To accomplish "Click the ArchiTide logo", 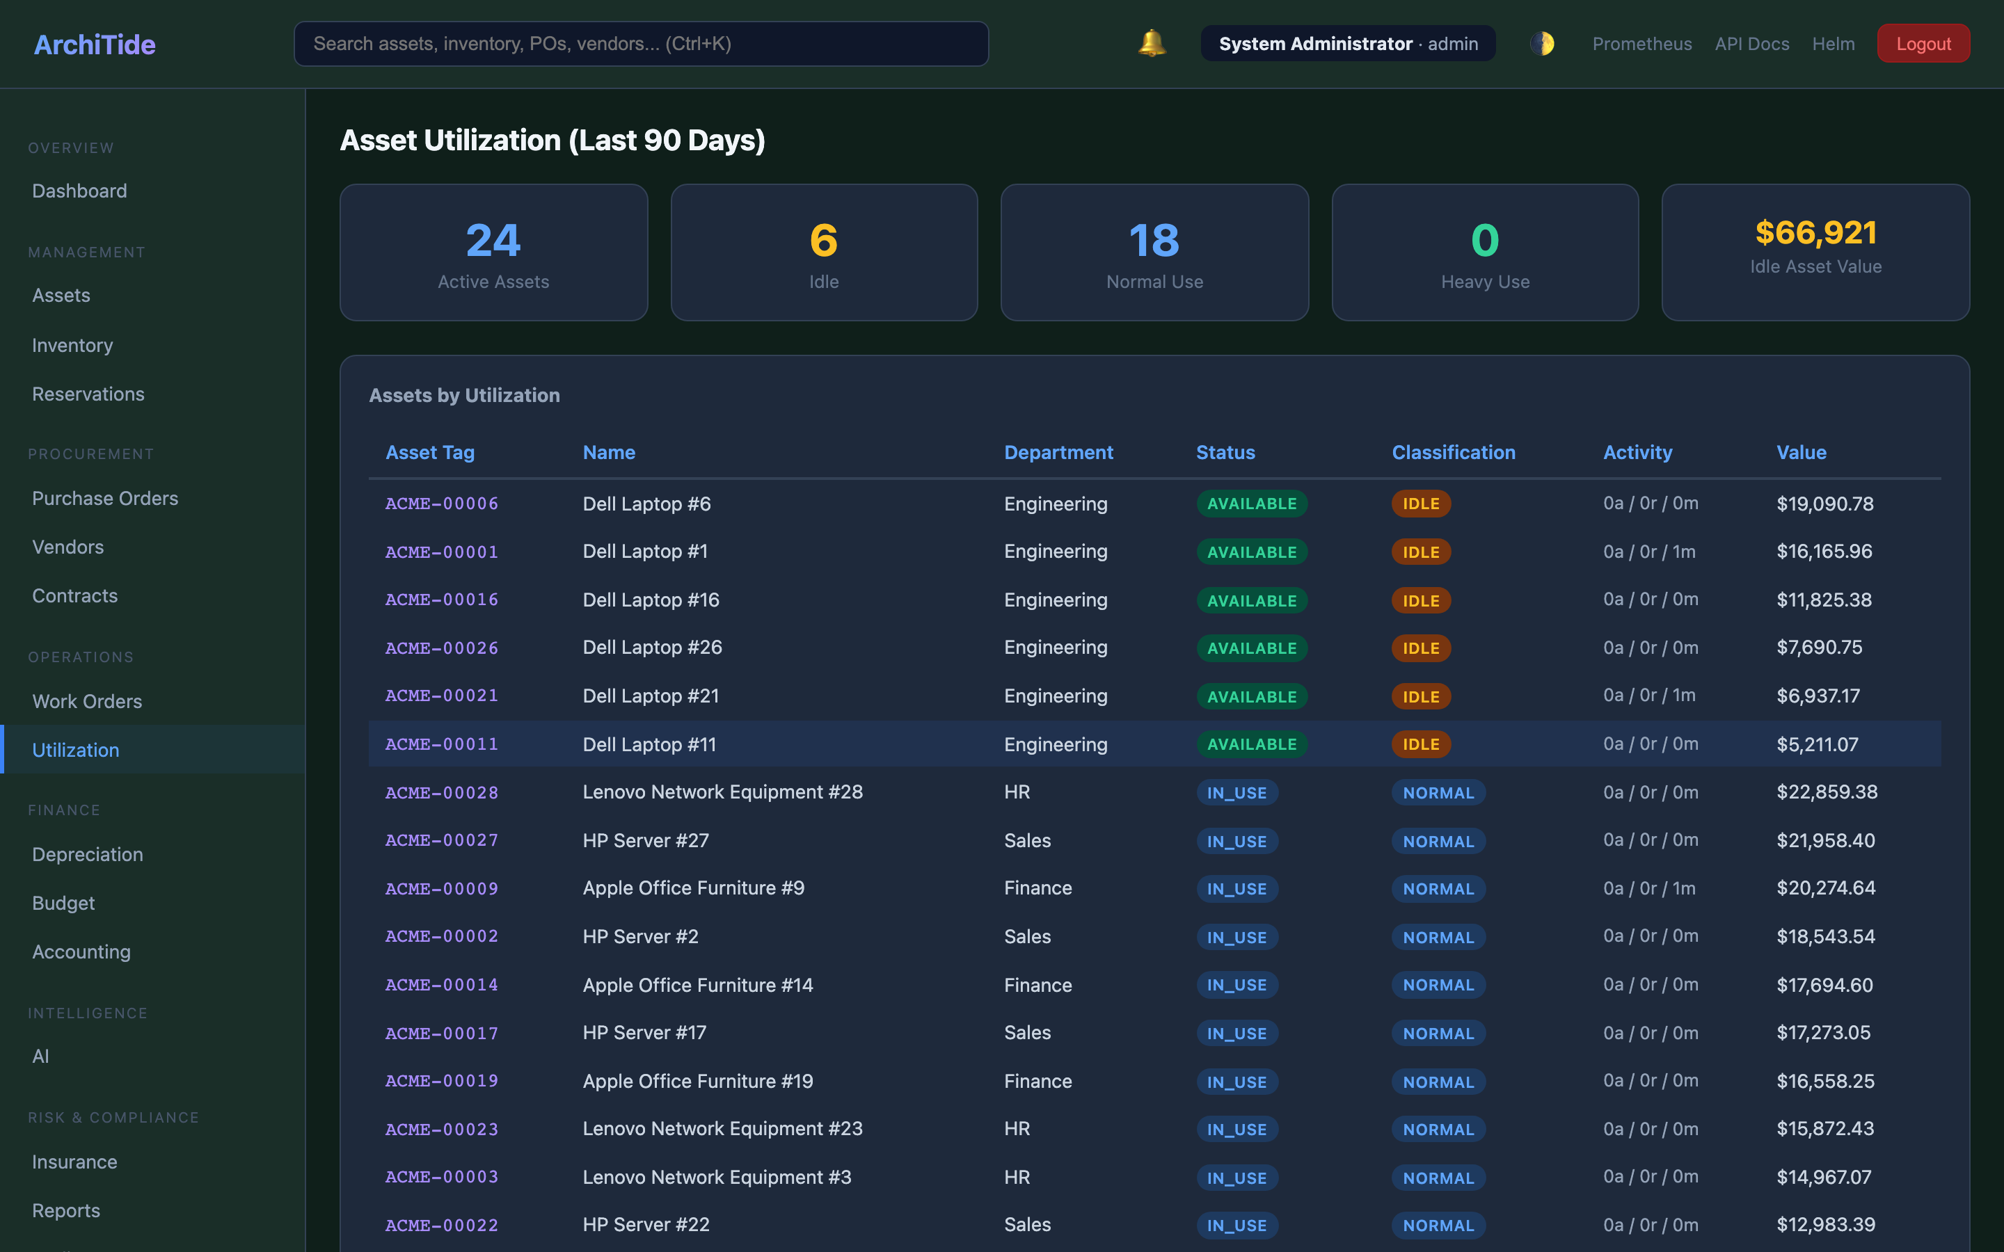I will tap(95, 44).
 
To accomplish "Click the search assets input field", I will tap(640, 44).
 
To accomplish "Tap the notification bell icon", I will tap(1151, 43).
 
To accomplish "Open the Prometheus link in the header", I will tap(1641, 44).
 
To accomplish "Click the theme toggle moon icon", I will tap(1541, 44).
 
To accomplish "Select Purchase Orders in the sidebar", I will tap(105, 499).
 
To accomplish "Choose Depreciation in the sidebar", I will tap(88, 855).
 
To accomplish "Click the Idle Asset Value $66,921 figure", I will tap(1815, 233).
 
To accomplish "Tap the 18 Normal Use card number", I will tap(1154, 240).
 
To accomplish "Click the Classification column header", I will tap(1454, 452).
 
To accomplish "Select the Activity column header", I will tap(1637, 452).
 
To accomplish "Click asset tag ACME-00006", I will tap(441, 504).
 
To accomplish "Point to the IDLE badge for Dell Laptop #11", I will tap(1420, 744).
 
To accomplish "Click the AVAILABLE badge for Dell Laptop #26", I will tap(1251, 648).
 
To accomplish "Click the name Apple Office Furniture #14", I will tap(697, 986).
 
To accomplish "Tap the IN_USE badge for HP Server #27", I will tap(1236, 842).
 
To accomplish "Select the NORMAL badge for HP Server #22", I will tap(1438, 1226).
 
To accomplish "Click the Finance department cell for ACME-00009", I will tap(1037, 888).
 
